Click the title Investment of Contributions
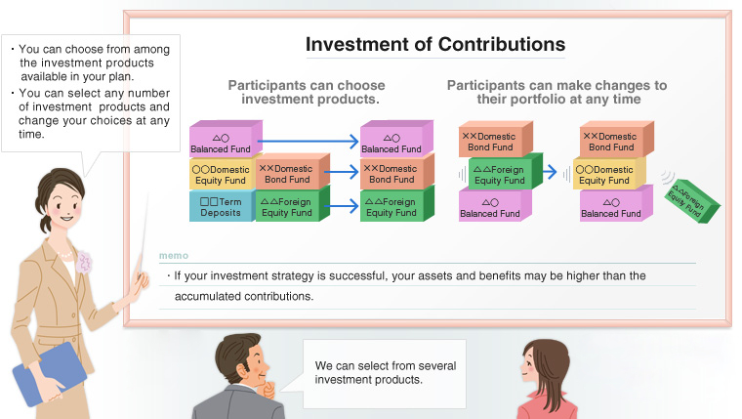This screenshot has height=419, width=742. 434,45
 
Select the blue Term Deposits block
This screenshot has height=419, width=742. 221,205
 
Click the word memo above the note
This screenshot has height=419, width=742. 174,255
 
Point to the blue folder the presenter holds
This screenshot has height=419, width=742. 48,376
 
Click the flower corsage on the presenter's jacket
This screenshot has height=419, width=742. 83,262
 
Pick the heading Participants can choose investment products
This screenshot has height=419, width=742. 306,93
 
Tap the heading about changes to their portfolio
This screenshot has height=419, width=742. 556,93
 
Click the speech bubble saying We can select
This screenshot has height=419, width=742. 385,372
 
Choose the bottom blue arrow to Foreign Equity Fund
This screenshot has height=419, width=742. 341,205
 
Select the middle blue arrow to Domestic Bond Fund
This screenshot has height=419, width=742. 341,174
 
